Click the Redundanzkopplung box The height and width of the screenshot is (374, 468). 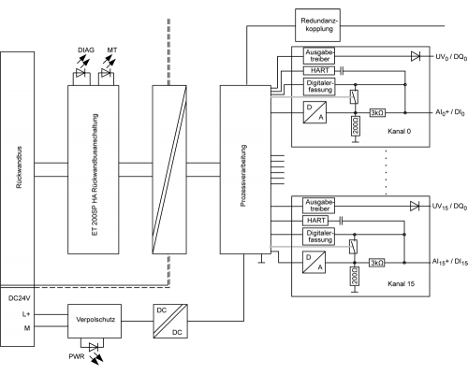(x=317, y=25)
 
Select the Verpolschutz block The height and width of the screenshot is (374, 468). (x=95, y=321)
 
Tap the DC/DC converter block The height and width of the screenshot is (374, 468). (x=170, y=321)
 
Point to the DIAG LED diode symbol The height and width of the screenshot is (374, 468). (x=80, y=74)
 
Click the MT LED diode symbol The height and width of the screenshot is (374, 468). (x=106, y=74)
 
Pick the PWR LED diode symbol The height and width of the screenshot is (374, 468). (x=94, y=347)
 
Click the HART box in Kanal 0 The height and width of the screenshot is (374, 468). (x=319, y=71)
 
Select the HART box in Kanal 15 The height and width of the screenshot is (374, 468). (x=315, y=221)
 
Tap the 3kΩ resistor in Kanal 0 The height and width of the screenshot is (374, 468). (x=377, y=113)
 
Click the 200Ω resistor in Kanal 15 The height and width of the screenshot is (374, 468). (x=355, y=276)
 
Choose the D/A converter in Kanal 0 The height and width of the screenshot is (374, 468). (x=314, y=112)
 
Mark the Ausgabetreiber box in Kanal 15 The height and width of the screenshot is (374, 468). (x=318, y=206)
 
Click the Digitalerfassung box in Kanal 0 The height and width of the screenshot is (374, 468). (x=319, y=87)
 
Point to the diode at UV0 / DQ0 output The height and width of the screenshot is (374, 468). (x=416, y=56)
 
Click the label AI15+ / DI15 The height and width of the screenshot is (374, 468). (x=450, y=262)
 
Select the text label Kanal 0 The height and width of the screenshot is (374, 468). (x=399, y=131)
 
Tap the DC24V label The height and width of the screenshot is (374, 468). (x=19, y=298)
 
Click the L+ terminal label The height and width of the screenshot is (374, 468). (x=26, y=314)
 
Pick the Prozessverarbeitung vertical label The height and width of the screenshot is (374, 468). (x=243, y=176)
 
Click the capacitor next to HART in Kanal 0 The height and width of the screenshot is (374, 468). (x=342, y=71)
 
